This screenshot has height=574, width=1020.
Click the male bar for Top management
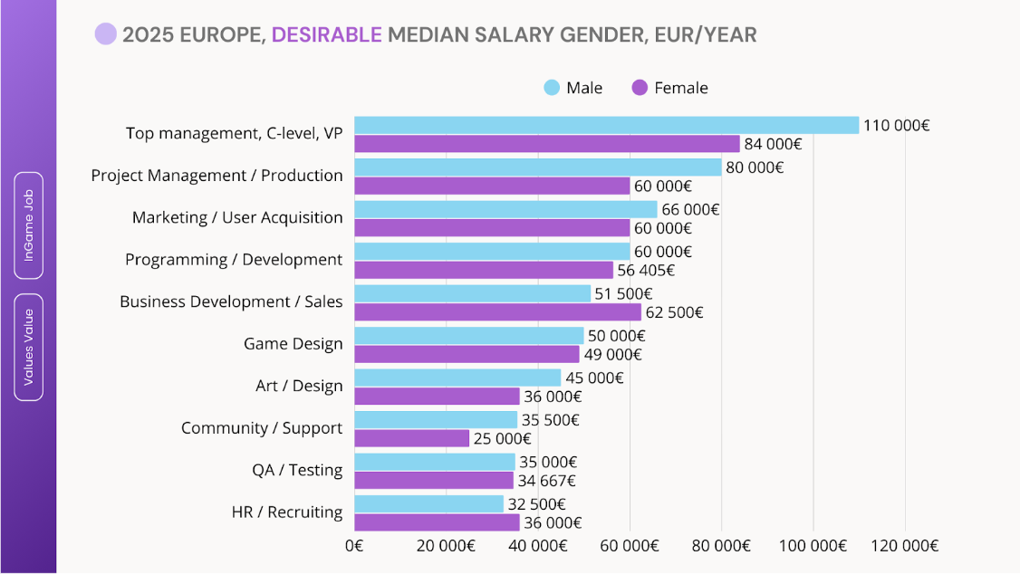pyautogui.click(x=606, y=125)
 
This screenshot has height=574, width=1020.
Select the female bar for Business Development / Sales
pyautogui.click(x=497, y=312)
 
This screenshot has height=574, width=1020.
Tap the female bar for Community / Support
pyautogui.click(x=412, y=438)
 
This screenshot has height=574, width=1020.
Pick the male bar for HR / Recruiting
pyautogui.click(x=428, y=503)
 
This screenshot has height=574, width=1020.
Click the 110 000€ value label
pyautogui.click(x=896, y=125)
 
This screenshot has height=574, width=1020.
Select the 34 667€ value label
pyautogui.click(x=546, y=481)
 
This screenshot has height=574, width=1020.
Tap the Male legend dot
pyautogui.click(x=552, y=88)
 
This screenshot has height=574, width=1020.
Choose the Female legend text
pyautogui.click(x=681, y=88)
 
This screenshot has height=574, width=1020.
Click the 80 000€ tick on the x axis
pyautogui.click(x=722, y=546)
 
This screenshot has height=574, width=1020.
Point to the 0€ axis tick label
pyautogui.click(x=354, y=546)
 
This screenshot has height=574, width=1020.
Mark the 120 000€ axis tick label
pyautogui.click(x=905, y=546)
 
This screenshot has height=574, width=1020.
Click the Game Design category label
pyautogui.click(x=293, y=344)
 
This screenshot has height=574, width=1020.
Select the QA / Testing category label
pyautogui.click(x=297, y=471)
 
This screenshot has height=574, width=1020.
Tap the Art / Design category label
pyautogui.click(x=299, y=386)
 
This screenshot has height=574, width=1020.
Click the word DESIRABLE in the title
pyautogui.click(x=326, y=35)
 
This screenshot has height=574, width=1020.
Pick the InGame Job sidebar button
pyautogui.click(x=29, y=225)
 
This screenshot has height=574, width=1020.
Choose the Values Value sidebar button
pyautogui.click(x=29, y=347)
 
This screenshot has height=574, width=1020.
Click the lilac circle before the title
pyautogui.click(x=106, y=34)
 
